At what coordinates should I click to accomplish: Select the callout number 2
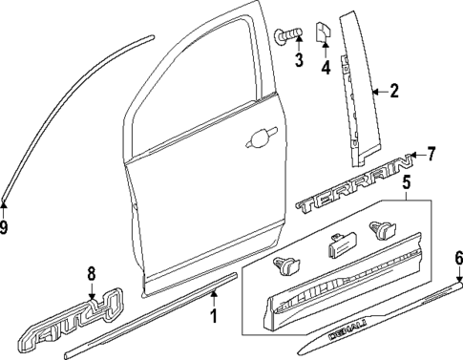point(392,92)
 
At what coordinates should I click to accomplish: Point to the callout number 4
point(325,68)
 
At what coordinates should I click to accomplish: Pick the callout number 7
point(431,153)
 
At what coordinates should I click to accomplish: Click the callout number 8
point(92,273)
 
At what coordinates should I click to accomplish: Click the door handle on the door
point(258,139)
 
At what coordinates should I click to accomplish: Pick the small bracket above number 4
point(324,33)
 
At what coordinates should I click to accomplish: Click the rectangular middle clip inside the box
point(336,244)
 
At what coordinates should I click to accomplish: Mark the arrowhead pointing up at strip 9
point(5,203)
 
